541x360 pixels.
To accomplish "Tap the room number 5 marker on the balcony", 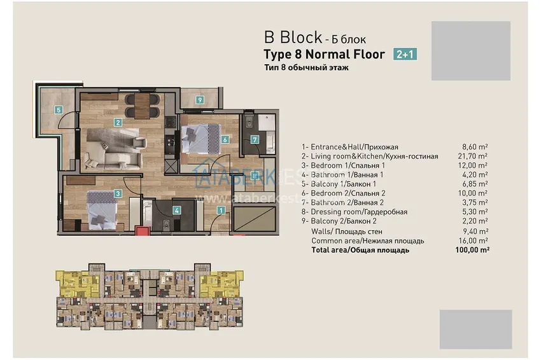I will (x=59, y=109).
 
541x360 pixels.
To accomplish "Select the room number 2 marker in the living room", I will (x=118, y=122).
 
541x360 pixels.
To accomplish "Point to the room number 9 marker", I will (x=200, y=100).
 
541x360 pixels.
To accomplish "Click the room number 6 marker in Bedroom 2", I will (x=225, y=139).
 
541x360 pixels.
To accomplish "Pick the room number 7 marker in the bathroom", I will (x=255, y=139).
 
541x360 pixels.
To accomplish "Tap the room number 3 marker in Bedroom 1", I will (x=118, y=193).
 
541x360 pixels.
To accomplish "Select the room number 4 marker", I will (x=177, y=209).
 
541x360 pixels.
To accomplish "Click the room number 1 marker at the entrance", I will (x=221, y=209).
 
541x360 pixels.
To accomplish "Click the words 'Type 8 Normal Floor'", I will (x=324, y=54).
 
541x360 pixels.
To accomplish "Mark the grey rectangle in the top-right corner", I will (x=470, y=51).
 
